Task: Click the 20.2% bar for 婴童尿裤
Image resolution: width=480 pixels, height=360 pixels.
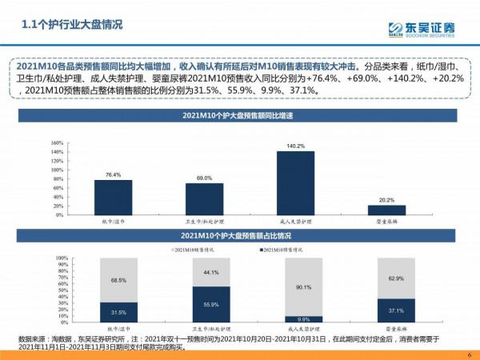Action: (386, 211)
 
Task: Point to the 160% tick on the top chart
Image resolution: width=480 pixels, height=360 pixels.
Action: (56, 143)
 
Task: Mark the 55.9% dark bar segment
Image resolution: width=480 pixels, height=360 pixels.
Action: (204, 305)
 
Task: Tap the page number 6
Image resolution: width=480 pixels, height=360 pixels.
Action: (468, 354)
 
